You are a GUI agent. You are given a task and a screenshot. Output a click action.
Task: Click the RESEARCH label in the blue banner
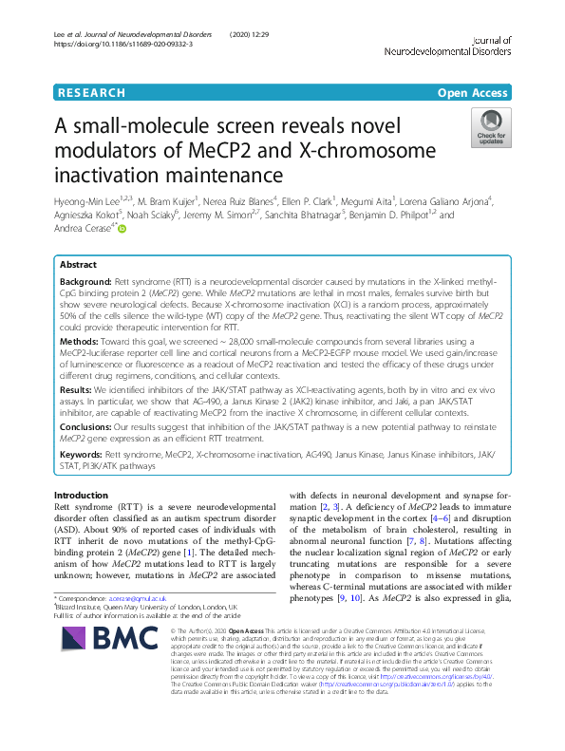click(91, 93)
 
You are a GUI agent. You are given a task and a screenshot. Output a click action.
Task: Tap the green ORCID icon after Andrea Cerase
click(121, 229)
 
